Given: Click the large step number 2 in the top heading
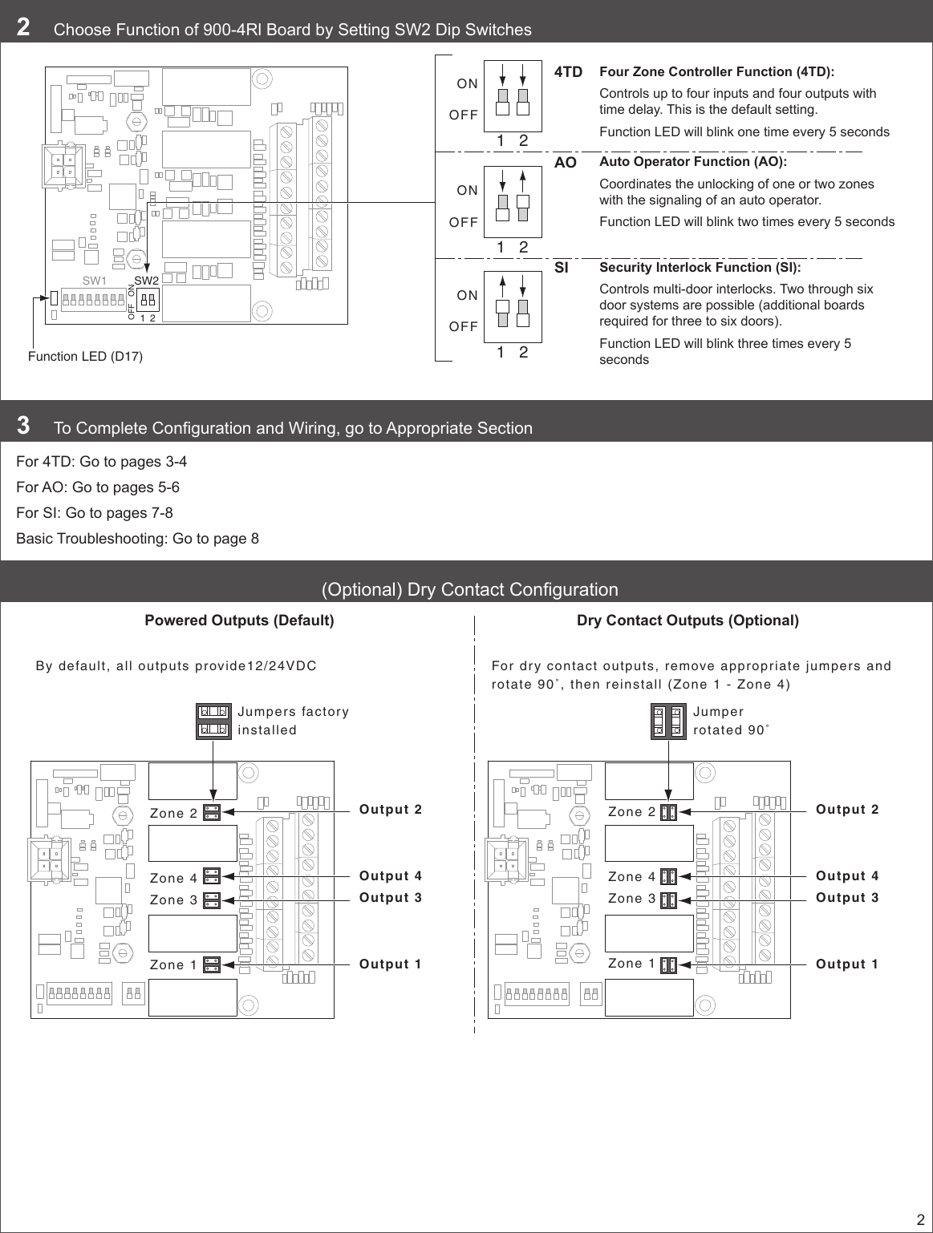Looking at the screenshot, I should (24, 28).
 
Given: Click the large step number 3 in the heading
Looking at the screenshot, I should (24, 426).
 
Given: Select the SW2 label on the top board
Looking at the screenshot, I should (147, 281).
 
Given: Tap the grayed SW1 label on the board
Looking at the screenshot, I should (95, 281).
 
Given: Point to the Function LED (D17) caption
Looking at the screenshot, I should (85, 356).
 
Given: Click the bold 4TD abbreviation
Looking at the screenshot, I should (568, 72).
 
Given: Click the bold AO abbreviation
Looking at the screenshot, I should (566, 163).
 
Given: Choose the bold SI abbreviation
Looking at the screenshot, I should (561, 269).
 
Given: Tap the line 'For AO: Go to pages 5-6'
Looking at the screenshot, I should (98, 487).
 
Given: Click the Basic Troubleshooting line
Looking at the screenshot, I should (137, 539).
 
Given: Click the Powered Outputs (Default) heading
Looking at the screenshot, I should (239, 621).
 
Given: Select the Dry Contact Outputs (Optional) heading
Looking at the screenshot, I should (688, 621).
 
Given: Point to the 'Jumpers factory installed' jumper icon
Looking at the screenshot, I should (213, 721).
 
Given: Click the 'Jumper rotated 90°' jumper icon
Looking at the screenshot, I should (668, 721).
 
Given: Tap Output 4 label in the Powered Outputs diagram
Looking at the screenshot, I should (391, 876).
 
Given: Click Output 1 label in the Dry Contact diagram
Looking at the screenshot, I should (847, 964).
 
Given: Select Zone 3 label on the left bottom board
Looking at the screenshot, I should (173, 900).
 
